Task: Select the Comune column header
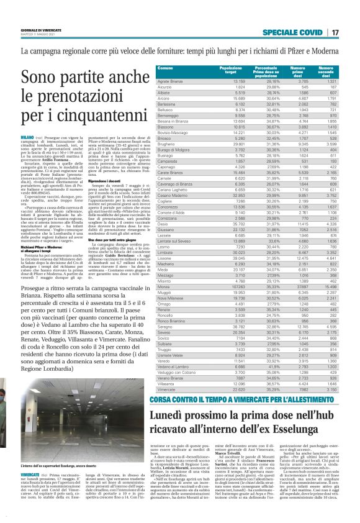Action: click(165, 67)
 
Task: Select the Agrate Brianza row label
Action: click(170, 81)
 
